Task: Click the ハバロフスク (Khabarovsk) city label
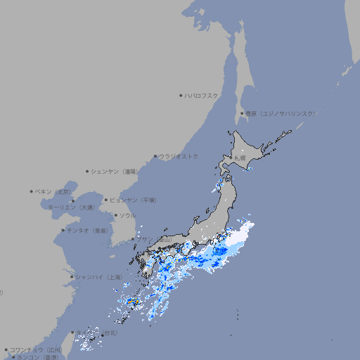pos(202,95)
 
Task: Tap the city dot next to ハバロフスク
pos(181,95)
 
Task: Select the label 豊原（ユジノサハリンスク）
pos(281,113)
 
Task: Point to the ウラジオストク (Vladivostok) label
pos(179,156)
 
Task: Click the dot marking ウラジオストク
pos(155,156)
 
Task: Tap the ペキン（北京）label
pos(53,191)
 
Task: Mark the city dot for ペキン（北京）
pos(32,191)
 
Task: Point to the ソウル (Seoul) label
pos(127,215)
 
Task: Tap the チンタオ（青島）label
pos(88,231)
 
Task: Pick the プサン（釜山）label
pos(155,240)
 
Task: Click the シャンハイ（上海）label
pos(98,278)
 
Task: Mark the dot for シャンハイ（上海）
pos(72,277)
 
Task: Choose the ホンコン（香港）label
pos(37,357)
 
